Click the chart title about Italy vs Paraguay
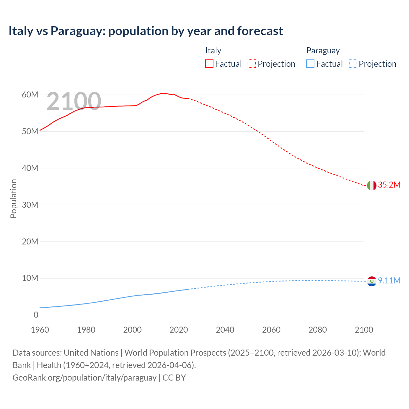145,31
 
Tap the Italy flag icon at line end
372,185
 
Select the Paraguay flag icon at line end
372,281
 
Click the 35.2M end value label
389,185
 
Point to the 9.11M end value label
389,281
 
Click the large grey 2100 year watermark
74,101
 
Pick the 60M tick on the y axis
30,95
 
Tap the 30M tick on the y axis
30,205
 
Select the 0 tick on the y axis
36,315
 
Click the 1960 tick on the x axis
40,330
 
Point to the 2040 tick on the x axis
225,330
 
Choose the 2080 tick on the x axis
318,330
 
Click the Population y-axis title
13,198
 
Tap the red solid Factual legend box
209,64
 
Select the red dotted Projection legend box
252,64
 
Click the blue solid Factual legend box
310,64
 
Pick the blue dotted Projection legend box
353,64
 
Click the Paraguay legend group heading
323,50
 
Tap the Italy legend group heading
213,50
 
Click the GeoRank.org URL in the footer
84,378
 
